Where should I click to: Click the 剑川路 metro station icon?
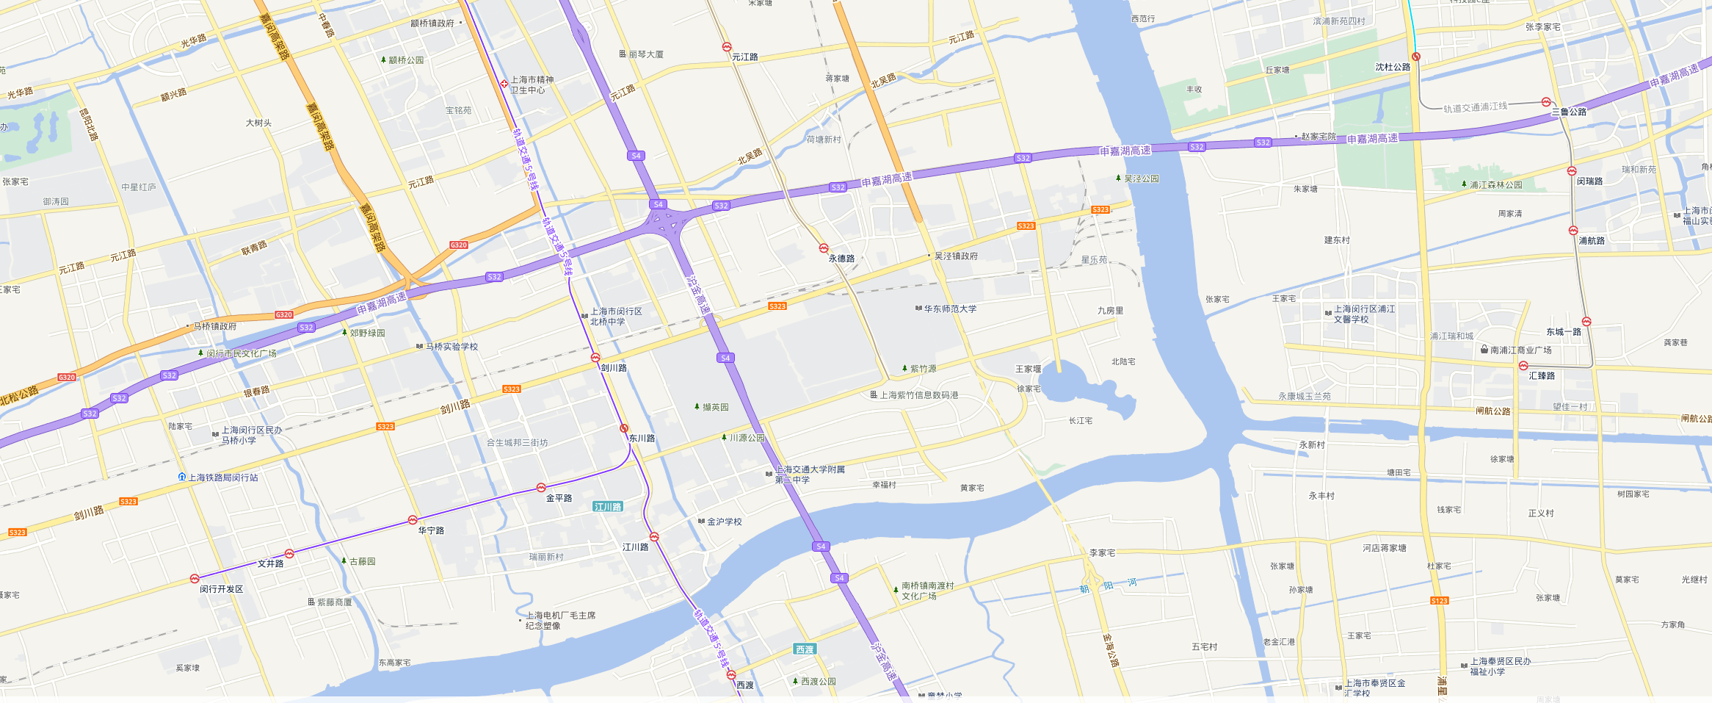595,358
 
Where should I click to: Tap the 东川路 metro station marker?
623,428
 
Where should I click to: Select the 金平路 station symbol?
541,488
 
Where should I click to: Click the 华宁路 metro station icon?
413,520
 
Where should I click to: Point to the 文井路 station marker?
289,554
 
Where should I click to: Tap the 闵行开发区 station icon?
195,579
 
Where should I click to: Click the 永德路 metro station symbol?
824,248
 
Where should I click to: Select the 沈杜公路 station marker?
1416,57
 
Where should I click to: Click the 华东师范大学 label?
950,309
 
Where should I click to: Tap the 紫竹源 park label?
923,369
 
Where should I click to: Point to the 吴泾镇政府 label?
955,256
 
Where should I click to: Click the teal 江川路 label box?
608,507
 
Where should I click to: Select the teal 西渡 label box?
805,649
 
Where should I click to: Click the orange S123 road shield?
1440,601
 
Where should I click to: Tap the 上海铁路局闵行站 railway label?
222,477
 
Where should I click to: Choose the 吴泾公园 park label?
1141,179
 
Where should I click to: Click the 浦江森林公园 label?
1495,185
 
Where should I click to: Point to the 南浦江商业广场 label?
1520,350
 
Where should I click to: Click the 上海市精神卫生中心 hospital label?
532,85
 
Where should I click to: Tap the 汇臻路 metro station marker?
1523,366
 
